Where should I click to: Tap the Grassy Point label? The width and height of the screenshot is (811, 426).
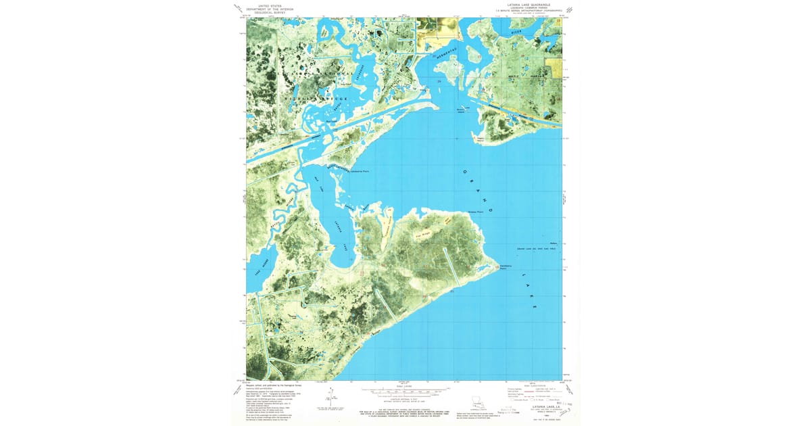pos(476,212)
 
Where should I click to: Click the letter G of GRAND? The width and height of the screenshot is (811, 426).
pos(464,172)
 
